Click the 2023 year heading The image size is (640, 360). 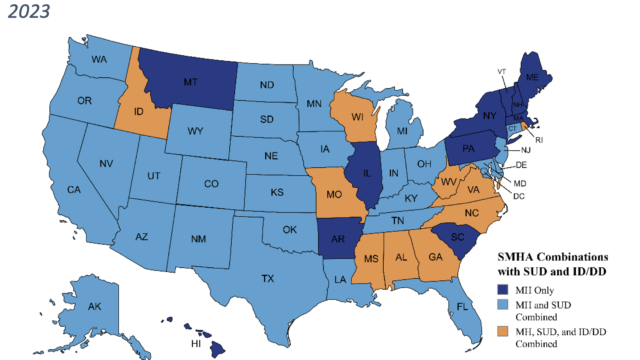click(29, 11)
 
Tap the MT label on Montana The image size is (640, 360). click(191, 82)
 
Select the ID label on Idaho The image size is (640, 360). click(139, 111)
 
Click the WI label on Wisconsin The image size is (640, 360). click(357, 117)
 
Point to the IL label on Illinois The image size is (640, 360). click(367, 173)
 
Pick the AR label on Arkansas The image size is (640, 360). click(338, 239)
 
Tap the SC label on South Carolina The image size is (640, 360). click(457, 237)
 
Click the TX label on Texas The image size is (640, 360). click(268, 278)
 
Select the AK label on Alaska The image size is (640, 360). click(95, 307)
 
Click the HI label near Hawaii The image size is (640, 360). click(196, 344)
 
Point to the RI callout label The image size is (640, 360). click(539, 140)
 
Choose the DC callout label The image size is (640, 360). click(519, 196)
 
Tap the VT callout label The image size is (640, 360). click(502, 72)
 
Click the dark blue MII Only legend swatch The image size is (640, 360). click(503, 290)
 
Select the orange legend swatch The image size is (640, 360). click(503, 331)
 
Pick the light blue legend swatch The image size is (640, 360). click(503, 304)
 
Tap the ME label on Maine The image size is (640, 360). click(532, 77)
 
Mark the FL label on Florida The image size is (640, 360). click(462, 307)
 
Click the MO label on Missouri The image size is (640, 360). click(334, 194)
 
